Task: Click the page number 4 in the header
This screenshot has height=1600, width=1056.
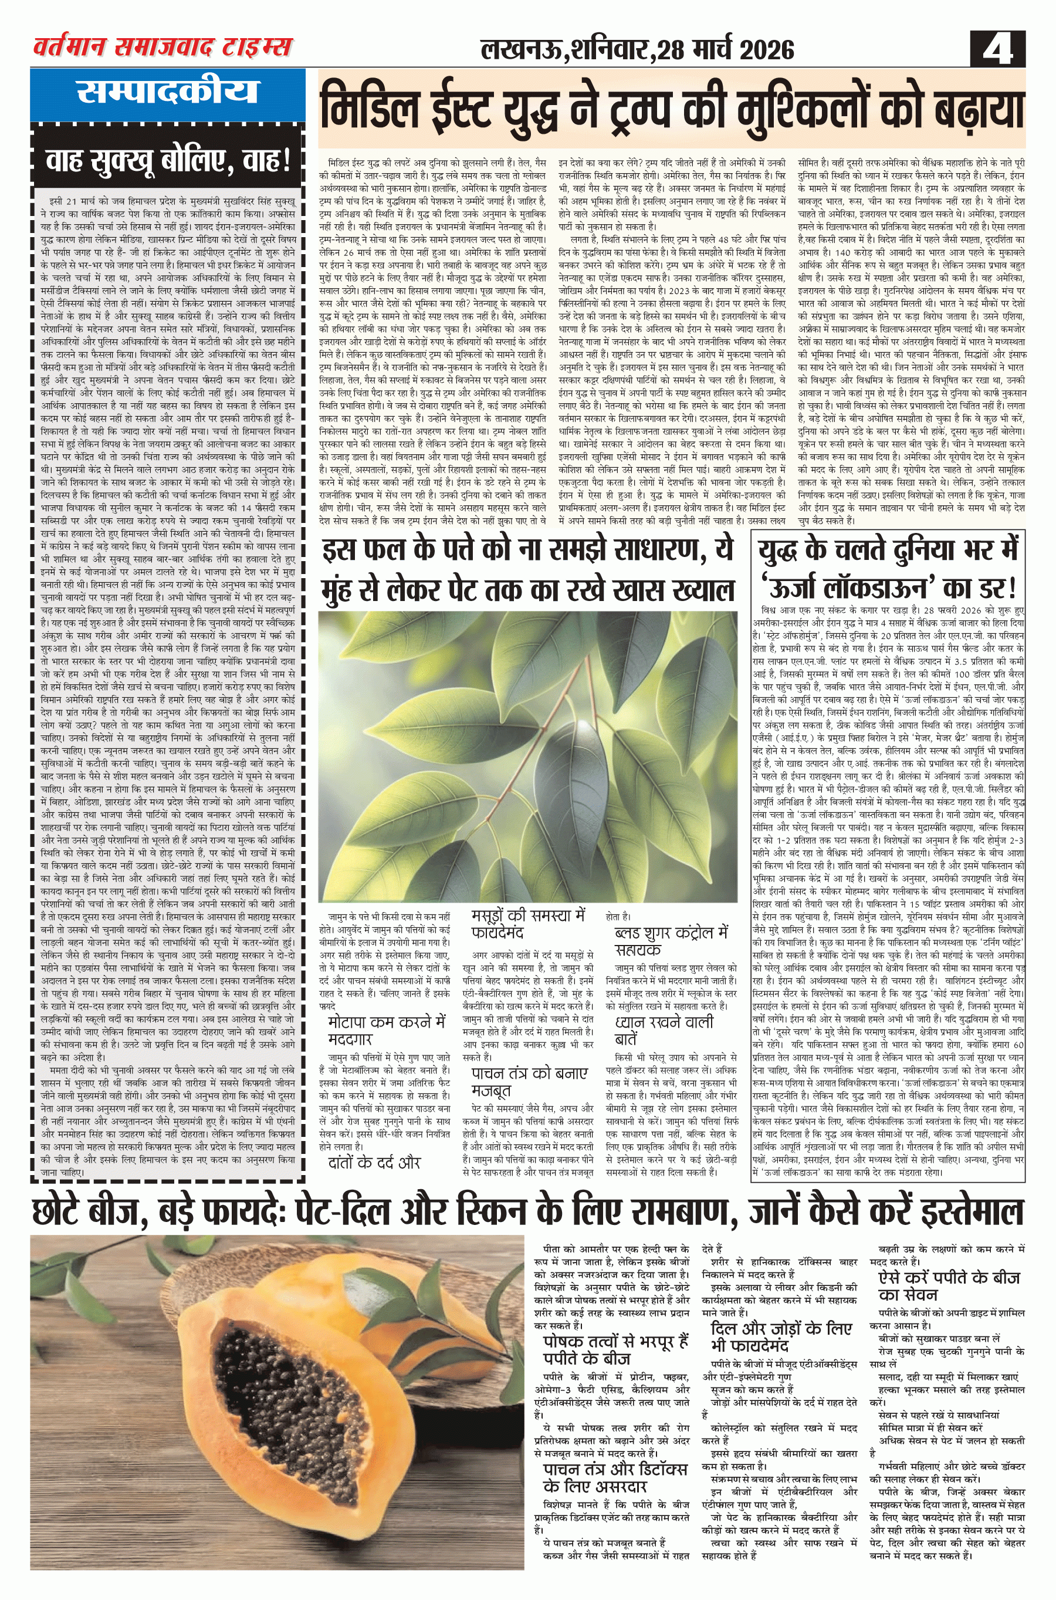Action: click(x=998, y=49)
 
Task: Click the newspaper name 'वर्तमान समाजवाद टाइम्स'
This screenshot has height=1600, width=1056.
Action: click(x=163, y=46)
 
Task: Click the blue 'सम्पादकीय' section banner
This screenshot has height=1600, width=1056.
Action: click(x=167, y=92)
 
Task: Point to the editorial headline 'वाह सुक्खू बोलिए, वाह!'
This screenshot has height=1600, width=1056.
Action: click(x=167, y=161)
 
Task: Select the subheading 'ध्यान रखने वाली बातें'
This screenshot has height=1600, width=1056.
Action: click(x=664, y=1030)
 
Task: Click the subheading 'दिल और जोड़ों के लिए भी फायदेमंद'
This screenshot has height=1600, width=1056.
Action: click(x=781, y=1337)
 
